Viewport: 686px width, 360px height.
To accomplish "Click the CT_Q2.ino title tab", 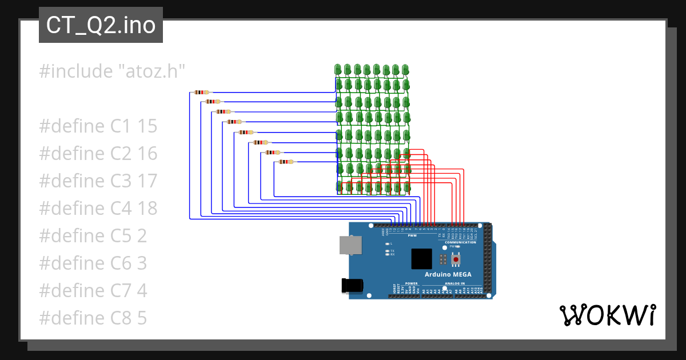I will (101, 25).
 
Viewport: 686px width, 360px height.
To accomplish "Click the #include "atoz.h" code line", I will (113, 71).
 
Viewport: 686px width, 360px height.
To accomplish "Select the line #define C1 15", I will (98, 126).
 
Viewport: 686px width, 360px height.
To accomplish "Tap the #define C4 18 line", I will (98, 209).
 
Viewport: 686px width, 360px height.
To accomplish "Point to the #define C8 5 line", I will (93, 318).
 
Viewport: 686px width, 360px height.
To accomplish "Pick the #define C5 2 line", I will (93, 236).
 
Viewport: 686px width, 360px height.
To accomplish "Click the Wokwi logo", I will (607, 315).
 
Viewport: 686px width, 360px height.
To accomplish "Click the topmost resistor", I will (202, 92).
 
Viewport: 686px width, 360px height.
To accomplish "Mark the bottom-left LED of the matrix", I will (339, 186).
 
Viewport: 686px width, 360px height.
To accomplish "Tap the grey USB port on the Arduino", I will (350, 246).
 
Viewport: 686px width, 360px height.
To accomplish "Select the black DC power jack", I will (352, 286).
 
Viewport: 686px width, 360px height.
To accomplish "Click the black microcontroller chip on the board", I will (422, 259).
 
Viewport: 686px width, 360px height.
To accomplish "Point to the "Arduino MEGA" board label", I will (448, 275).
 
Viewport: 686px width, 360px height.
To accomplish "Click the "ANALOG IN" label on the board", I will (455, 283).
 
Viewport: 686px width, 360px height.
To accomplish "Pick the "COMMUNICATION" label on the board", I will (460, 242).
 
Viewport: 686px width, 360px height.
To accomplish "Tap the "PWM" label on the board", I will (412, 235).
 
